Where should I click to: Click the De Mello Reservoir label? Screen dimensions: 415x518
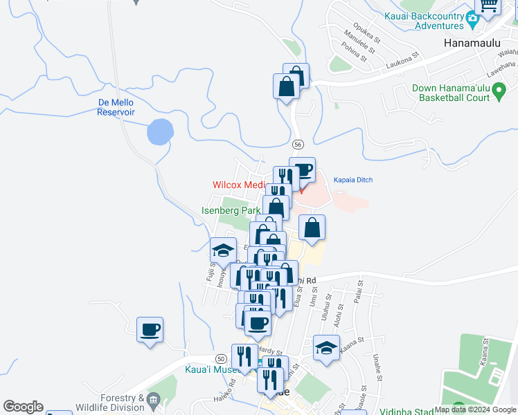116,107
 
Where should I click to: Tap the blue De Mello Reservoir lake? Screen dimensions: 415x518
160,131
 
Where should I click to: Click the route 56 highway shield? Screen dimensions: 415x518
297,144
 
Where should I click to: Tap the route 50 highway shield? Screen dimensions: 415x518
221,358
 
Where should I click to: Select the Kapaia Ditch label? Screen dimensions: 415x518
353,180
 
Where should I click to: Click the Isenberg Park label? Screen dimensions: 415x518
231,210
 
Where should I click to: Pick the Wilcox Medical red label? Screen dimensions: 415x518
239,185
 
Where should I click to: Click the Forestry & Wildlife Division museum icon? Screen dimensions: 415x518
153,400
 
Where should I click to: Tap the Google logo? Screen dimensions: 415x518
23,407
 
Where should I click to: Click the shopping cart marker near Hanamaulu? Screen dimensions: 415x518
489,6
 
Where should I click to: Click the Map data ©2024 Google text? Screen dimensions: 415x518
475,409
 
